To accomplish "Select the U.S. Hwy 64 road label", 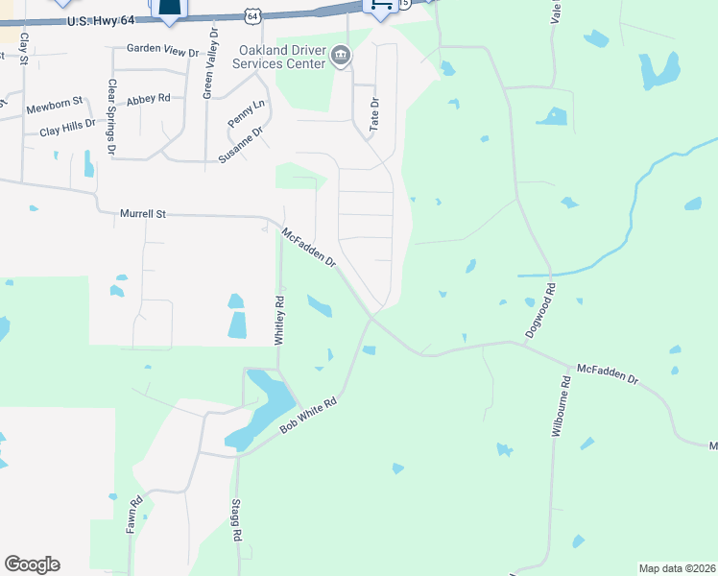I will click(x=103, y=21).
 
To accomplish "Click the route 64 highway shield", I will click(x=251, y=16).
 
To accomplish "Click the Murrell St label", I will click(x=143, y=214).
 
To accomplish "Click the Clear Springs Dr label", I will click(x=111, y=117).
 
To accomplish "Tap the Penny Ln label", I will click(x=245, y=114).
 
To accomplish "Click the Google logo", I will click(x=32, y=564).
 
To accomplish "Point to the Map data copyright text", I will click(x=677, y=568).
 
